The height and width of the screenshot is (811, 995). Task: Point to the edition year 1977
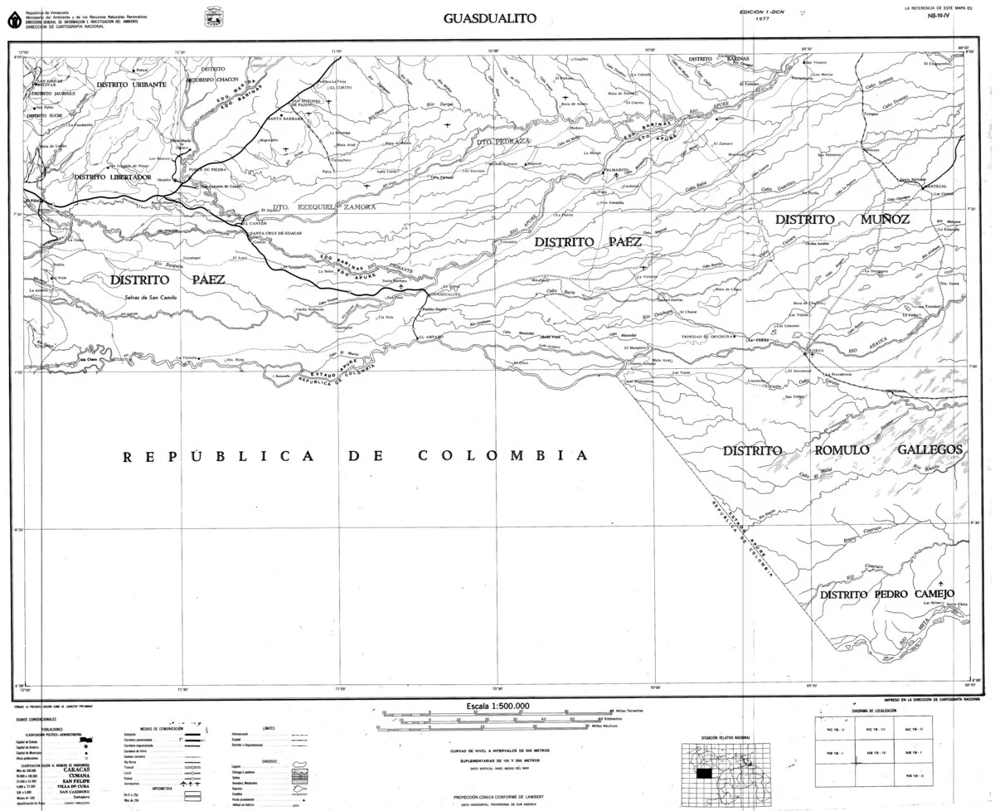(x=764, y=18)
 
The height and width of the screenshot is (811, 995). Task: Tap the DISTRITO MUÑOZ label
(x=842, y=220)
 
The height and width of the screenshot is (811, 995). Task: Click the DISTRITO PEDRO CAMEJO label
(x=887, y=594)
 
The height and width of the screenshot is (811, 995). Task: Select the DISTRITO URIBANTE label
(x=131, y=85)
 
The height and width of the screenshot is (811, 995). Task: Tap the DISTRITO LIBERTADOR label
(x=112, y=177)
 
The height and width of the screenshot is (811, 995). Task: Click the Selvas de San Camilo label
(x=152, y=298)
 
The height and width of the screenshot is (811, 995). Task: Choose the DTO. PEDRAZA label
(x=502, y=142)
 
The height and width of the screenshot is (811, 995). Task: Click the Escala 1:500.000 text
(x=498, y=706)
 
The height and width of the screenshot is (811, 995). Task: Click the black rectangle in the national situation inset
(x=704, y=772)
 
